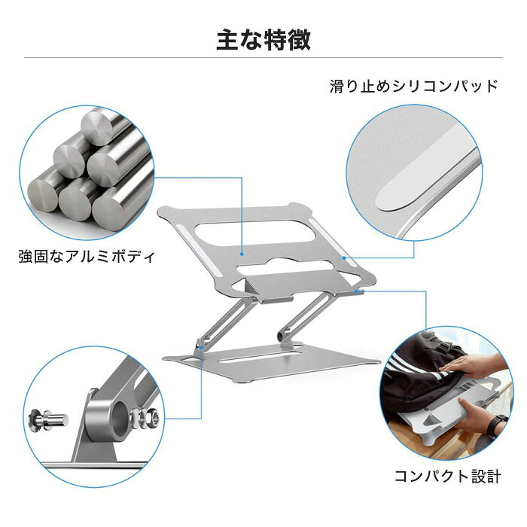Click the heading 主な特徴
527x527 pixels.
pyautogui.click(x=263, y=40)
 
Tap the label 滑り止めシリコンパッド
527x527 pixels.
pyautogui.click(x=414, y=87)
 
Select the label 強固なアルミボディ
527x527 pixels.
pyautogui.click(x=87, y=257)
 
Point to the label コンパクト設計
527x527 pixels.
pyautogui.click(x=448, y=477)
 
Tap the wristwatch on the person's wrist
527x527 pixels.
pyautogui.click(x=497, y=427)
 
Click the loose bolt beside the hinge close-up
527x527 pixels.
pyautogui.click(x=49, y=420)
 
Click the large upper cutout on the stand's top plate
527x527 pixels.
pyautogui.click(x=254, y=233)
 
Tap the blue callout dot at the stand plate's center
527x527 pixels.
pyautogui.click(x=242, y=254)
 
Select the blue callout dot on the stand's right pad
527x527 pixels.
pyautogui.click(x=344, y=257)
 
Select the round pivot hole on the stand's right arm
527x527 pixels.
pyautogui.click(x=280, y=336)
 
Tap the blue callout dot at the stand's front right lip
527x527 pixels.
pyautogui.click(x=364, y=291)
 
